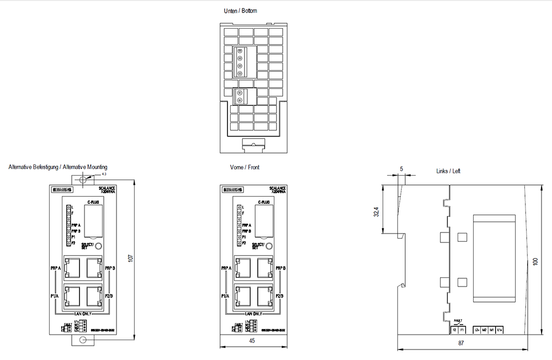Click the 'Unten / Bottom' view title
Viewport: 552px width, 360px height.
coord(240,10)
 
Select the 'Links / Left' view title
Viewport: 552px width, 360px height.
coord(448,171)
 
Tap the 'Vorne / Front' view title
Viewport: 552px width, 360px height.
coord(245,167)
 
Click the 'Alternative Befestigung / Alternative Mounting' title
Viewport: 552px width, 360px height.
coord(58,167)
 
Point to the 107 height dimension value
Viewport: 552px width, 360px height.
coord(130,258)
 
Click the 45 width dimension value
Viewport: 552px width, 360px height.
coord(252,341)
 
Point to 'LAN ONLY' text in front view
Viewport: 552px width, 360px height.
coord(252,313)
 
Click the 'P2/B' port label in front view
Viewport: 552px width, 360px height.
coord(279,296)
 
